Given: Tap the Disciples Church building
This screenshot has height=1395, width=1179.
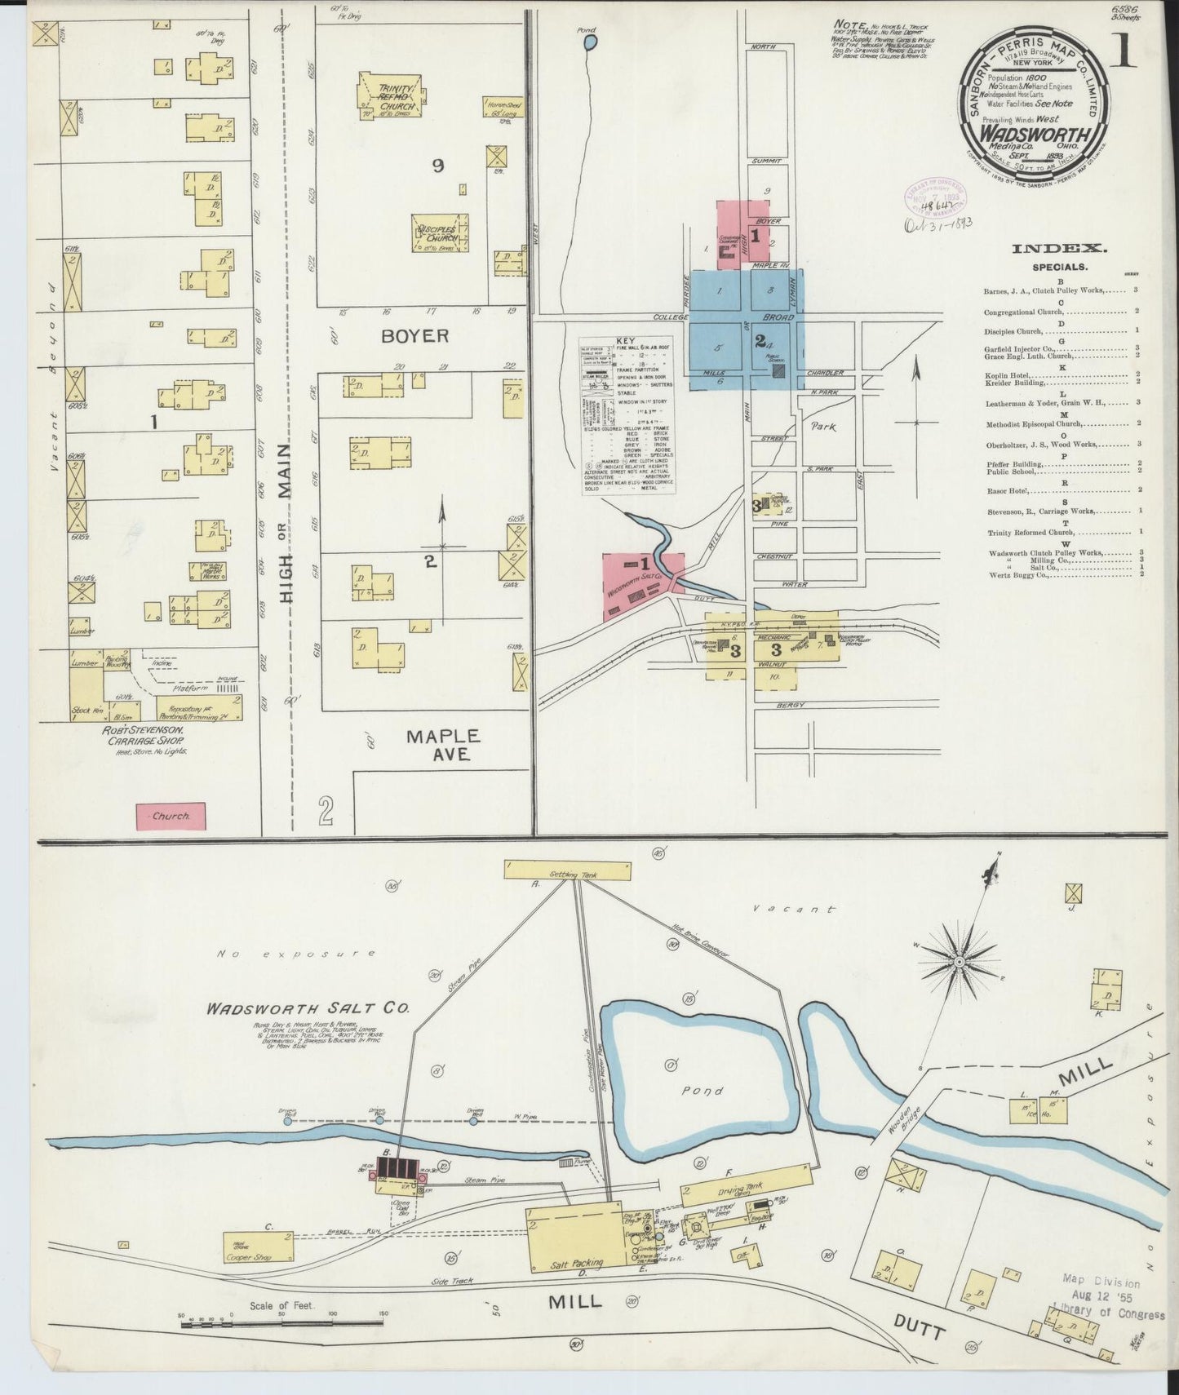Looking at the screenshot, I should tap(441, 232).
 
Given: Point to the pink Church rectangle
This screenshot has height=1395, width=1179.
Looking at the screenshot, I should tap(171, 815).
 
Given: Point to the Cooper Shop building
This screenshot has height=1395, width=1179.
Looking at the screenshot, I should tap(259, 1247).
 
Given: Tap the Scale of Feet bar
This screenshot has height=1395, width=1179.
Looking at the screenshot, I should tap(281, 1324).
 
